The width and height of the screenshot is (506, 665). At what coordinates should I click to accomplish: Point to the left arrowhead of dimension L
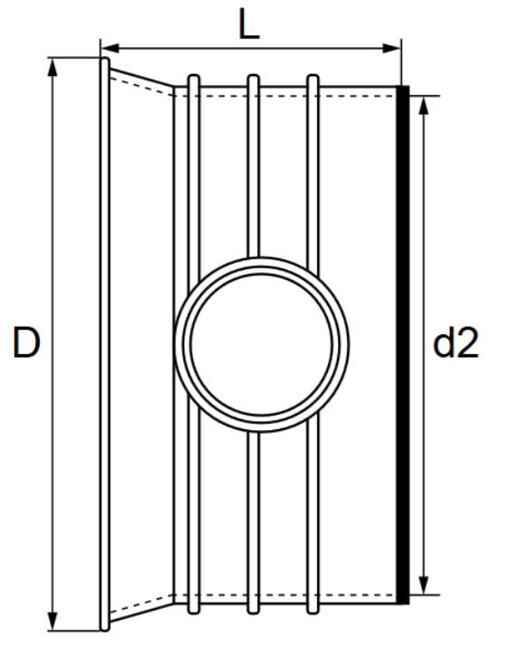(x=106, y=42)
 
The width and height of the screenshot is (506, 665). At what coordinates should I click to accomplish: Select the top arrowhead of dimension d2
(x=429, y=95)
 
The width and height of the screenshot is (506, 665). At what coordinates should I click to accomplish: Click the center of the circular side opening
(x=261, y=343)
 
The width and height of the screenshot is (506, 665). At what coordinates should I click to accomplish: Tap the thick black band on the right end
(x=403, y=343)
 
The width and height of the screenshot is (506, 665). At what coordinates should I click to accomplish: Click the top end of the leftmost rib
(x=192, y=79)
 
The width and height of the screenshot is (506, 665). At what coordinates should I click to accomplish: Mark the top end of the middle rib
(x=254, y=79)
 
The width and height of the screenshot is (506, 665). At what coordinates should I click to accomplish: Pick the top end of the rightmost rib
(x=314, y=79)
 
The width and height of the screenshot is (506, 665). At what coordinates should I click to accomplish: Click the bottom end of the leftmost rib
(x=192, y=611)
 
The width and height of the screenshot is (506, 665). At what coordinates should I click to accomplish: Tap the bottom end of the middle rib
(x=254, y=611)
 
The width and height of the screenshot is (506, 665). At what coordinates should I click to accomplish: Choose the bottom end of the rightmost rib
(x=314, y=611)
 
